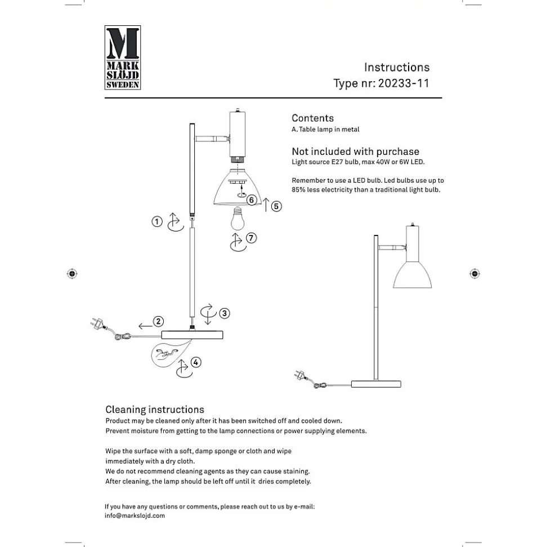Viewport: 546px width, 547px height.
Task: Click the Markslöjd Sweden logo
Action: coord(123,57)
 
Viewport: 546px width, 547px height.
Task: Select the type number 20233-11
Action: coord(404,83)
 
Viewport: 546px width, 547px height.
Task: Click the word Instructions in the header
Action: coord(396,68)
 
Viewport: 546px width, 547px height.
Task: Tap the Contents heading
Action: coord(312,118)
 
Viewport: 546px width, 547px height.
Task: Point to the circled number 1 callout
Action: coord(157,222)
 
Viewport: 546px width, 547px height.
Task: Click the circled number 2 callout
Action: coord(159,321)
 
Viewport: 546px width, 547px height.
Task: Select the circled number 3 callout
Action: coord(225,313)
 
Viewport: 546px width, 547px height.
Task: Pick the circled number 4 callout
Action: coord(195,362)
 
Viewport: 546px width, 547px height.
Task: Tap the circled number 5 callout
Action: coord(276,206)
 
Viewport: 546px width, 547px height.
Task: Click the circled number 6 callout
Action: coord(252,200)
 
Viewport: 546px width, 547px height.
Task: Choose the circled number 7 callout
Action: coord(251,238)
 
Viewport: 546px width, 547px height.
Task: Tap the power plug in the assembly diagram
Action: coord(97,324)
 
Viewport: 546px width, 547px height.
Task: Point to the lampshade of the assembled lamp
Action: coord(413,274)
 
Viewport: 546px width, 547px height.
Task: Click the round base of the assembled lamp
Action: coord(376,384)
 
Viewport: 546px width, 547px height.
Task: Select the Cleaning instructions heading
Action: coord(155,410)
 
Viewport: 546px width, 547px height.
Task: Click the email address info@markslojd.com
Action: coord(135,515)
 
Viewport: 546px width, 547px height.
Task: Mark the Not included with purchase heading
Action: coord(355,152)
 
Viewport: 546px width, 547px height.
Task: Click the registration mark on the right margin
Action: coord(475,274)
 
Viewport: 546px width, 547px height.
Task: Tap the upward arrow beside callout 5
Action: coord(266,205)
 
